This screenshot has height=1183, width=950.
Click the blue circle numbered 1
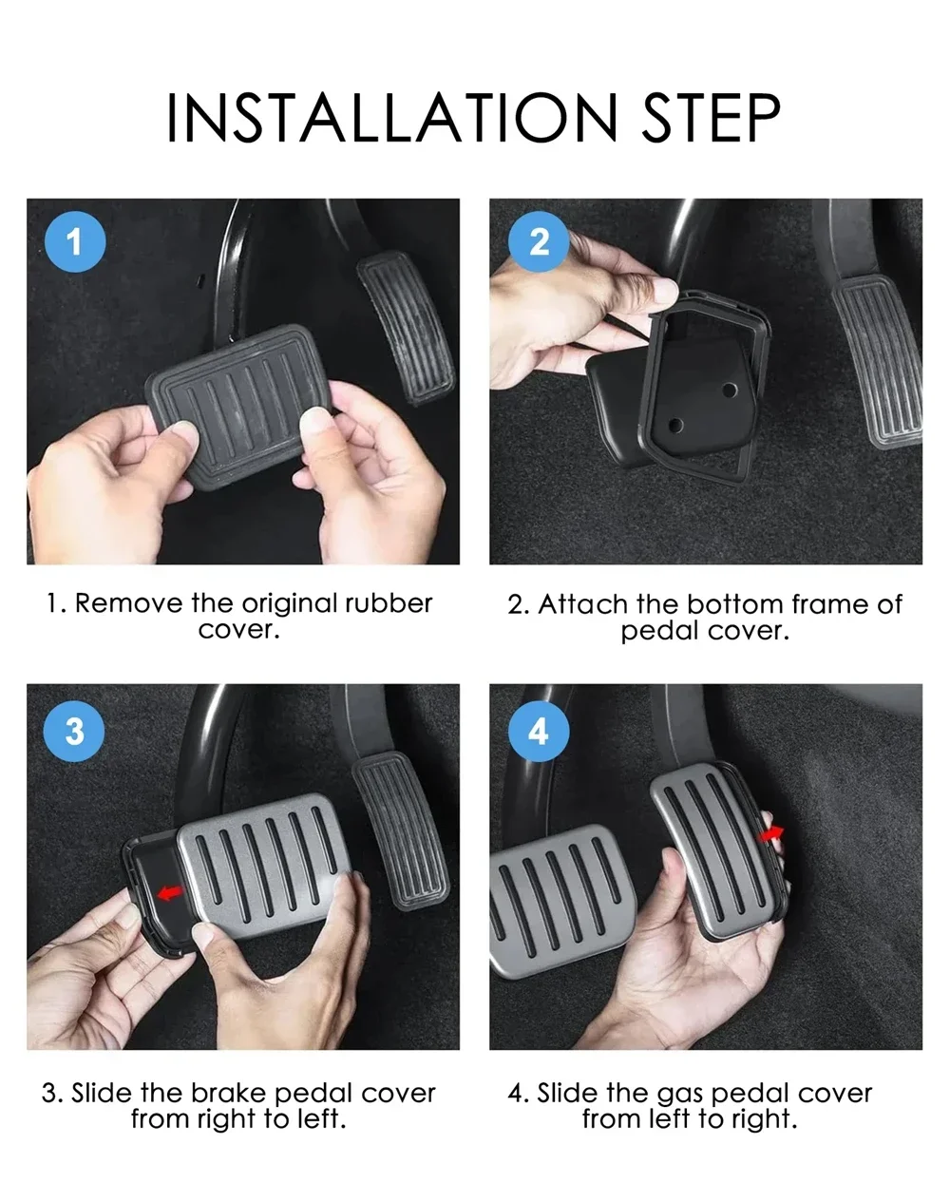pyautogui.click(x=75, y=242)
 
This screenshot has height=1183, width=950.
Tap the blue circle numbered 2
pyautogui.click(x=539, y=242)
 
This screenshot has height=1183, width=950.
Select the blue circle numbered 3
pyautogui.click(x=74, y=731)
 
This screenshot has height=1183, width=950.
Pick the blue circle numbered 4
pyautogui.click(x=539, y=731)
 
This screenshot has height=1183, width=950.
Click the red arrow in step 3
pyautogui.click(x=169, y=892)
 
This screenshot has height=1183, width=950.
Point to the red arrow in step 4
pyautogui.click(x=771, y=834)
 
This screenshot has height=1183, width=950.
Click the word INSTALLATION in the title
pyautogui.click(x=392, y=118)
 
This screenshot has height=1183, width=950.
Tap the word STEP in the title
pyautogui.click(x=712, y=118)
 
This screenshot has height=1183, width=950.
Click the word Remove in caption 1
pyautogui.click(x=128, y=603)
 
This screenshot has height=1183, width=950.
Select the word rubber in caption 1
pyautogui.click(x=389, y=603)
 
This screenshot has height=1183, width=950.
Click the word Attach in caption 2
pyautogui.click(x=582, y=604)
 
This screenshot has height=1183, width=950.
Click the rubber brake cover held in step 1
pyautogui.click(x=238, y=406)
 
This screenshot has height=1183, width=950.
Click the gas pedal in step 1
pyautogui.click(x=407, y=328)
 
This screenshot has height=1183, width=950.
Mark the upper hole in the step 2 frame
pyautogui.click(x=729, y=391)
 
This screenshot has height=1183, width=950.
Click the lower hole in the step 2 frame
pyautogui.click(x=675, y=425)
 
